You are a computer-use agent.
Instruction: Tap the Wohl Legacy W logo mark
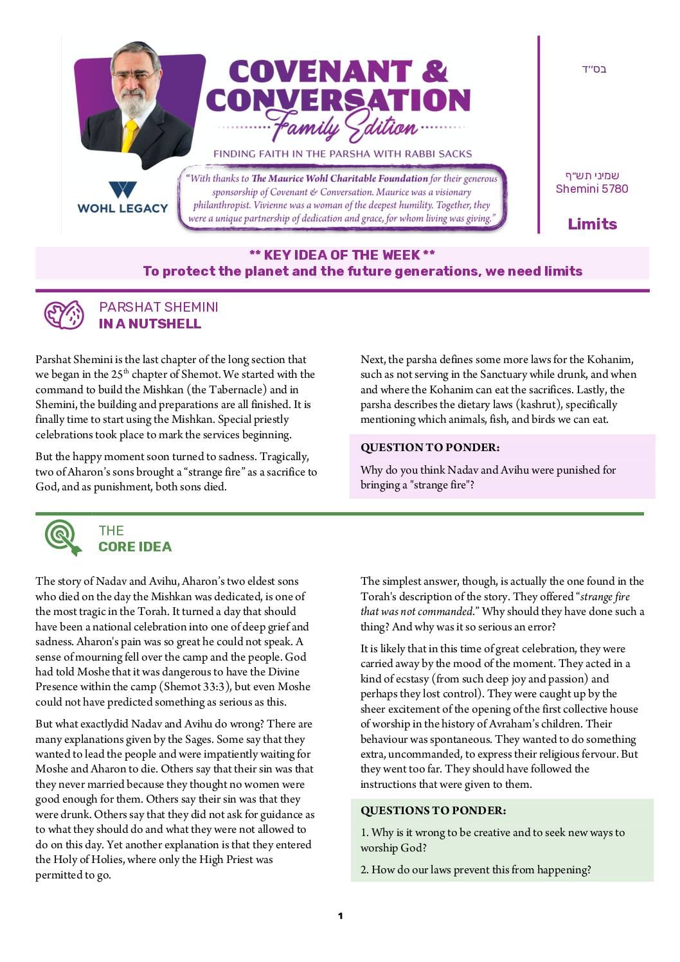(122, 190)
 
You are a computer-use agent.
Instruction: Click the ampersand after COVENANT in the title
(434, 71)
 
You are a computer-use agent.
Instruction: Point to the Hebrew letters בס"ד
(594, 69)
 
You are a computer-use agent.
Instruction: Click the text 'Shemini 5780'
(592, 188)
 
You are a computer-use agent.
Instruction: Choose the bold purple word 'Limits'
(592, 224)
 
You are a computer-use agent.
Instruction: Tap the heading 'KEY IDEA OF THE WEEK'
(342, 255)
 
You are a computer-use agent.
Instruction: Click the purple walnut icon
(64, 315)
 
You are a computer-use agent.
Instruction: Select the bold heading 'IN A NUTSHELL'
(150, 324)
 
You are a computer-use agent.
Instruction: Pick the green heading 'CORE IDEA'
(135, 547)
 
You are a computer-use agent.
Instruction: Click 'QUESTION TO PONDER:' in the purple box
(429, 447)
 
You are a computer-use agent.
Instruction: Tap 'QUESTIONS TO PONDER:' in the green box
(433, 810)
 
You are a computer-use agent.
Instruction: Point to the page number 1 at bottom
(340, 916)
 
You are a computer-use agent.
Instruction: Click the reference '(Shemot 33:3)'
(195, 686)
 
